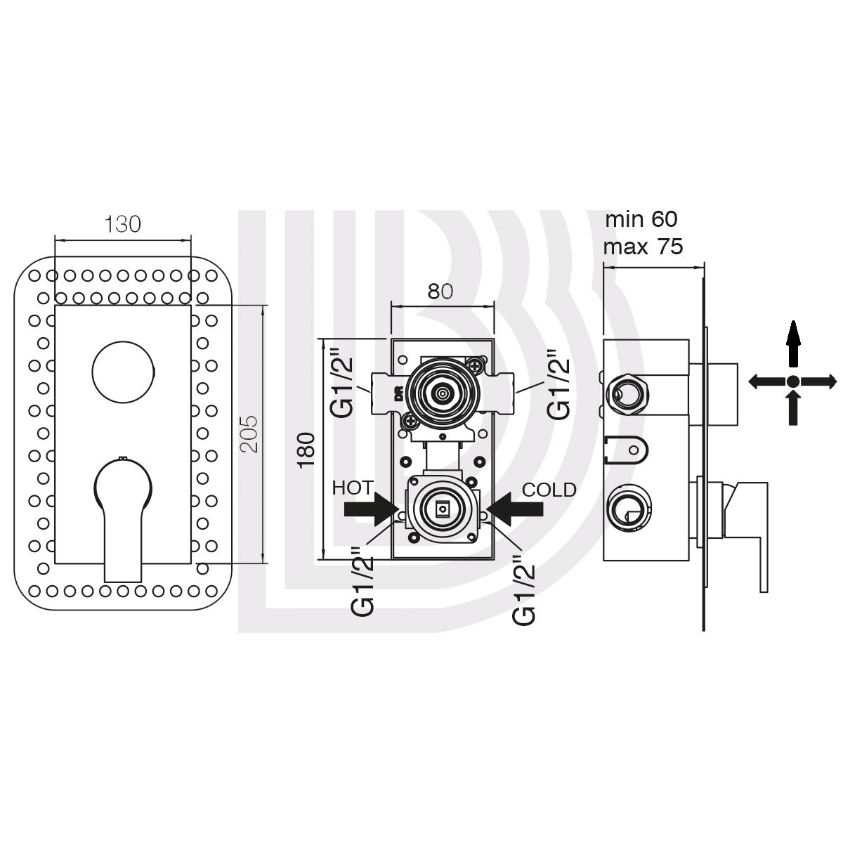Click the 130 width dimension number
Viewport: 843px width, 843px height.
[x=123, y=224]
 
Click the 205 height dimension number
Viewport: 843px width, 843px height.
[x=249, y=434]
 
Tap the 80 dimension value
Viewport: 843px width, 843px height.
[x=440, y=292]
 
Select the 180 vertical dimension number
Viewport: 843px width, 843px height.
[x=306, y=450]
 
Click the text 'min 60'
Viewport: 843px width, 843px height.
[x=641, y=219]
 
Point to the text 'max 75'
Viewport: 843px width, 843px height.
[x=643, y=247]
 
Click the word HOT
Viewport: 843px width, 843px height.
[x=352, y=488]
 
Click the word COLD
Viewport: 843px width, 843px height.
[x=549, y=490]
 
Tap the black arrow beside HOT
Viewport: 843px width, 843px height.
[x=372, y=509]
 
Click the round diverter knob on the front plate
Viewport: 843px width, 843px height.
[x=124, y=372]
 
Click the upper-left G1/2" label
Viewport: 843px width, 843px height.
[x=344, y=381]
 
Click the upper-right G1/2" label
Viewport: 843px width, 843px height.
[x=560, y=384]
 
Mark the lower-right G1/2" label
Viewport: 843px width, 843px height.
[x=525, y=589]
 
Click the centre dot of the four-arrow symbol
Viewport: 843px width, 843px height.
[x=792, y=381]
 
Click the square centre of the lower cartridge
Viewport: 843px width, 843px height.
[x=443, y=509]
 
